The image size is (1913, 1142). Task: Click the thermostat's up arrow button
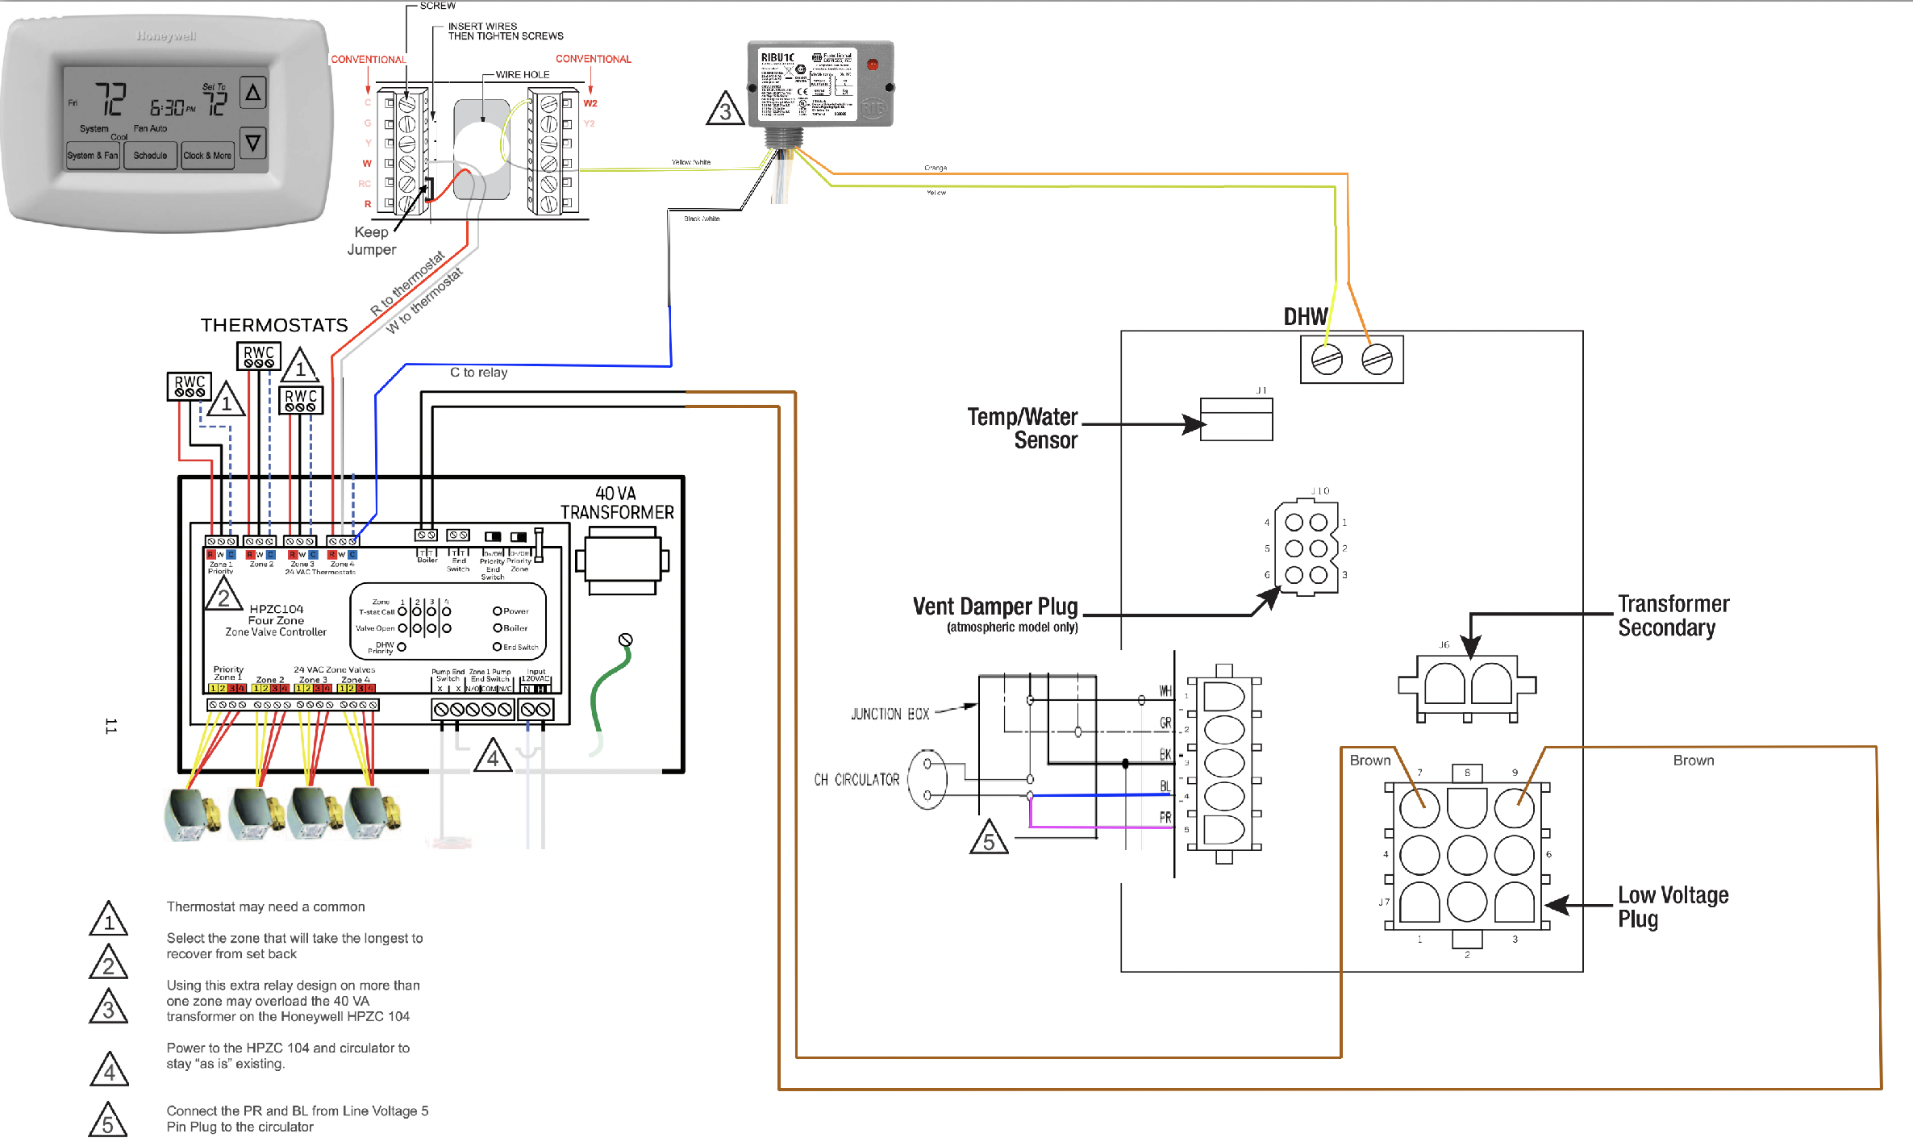pyautogui.click(x=252, y=93)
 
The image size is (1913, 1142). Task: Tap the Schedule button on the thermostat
pyautogui.click(x=151, y=156)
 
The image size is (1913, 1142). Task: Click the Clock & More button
pyautogui.click(x=207, y=156)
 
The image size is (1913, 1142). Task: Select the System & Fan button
pyautogui.click(x=93, y=156)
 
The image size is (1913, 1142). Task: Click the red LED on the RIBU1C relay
pyautogui.click(x=873, y=64)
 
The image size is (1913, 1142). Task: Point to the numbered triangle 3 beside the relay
pyautogui.click(x=725, y=110)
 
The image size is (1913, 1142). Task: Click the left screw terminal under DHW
pyautogui.click(x=1327, y=359)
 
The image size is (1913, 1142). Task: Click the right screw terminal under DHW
pyautogui.click(x=1377, y=359)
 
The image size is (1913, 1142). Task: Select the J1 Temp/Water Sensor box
pyautogui.click(x=1236, y=419)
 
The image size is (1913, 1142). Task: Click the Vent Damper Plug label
pyautogui.click(x=995, y=607)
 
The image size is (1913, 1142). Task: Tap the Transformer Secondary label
pyautogui.click(x=1673, y=615)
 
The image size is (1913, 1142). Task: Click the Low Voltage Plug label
pyautogui.click(x=1673, y=907)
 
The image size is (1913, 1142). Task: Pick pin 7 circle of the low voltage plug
pyautogui.click(x=1419, y=807)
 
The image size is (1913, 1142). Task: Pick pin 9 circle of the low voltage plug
pyautogui.click(x=1514, y=807)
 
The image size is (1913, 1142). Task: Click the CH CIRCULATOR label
pyautogui.click(x=856, y=780)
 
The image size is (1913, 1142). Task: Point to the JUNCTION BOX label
pyautogui.click(x=890, y=715)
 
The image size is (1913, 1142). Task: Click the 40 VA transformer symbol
pyautogui.click(x=623, y=561)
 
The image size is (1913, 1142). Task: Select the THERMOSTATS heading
pyautogui.click(x=274, y=325)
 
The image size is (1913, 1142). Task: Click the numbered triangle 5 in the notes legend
pyautogui.click(x=108, y=1121)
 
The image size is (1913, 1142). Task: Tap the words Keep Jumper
pyautogui.click(x=372, y=240)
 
